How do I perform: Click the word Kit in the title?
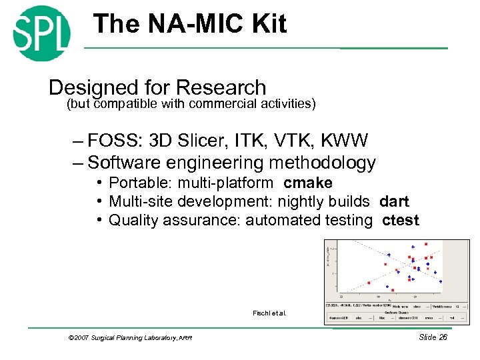[x=267, y=25]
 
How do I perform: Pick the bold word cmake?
[x=307, y=183]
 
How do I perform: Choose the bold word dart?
[x=394, y=201]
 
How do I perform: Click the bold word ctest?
[x=401, y=220]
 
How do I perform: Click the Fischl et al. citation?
[x=269, y=313]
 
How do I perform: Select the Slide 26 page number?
[x=433, y=337]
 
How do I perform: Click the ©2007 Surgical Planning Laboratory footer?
[x=130, y=338]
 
